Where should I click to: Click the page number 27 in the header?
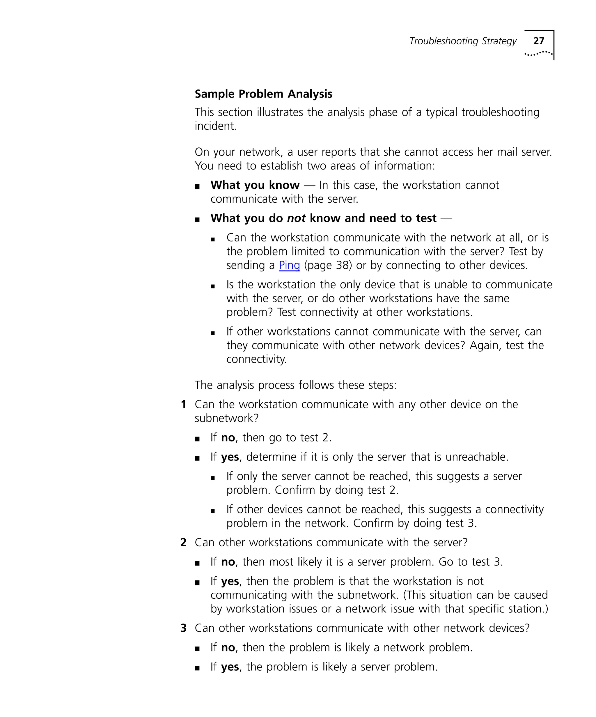click(x=538, y=41)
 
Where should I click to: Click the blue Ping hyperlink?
click(x=289, y=265)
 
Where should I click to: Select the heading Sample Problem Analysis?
click(x=263, y=94)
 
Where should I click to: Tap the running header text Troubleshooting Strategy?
click(x=463, y=41)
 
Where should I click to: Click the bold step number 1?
click(x=184, y=405)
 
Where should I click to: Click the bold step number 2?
click(x=184, y=543)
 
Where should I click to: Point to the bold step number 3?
click(x=184, y=628)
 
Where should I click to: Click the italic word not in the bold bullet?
click(x=296, y=218)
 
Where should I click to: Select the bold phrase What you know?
click(x=255, y=185)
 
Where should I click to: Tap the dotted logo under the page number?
click(x=538, y=54)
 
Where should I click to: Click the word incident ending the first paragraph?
click(x=215, y=126)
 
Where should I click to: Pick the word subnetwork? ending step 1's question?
click(x=226, y=418)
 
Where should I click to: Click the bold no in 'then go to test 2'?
click(x=228, y=438)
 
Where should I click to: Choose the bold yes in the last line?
click(x=230, y=667)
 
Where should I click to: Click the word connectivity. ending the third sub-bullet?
click(x=256, y=359)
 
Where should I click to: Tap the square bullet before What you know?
click(x=197, y=187)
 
